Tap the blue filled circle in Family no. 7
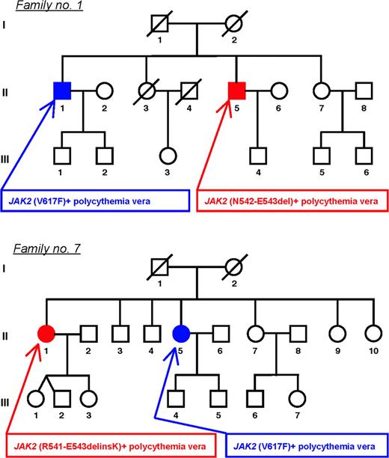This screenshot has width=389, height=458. point(182,332)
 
